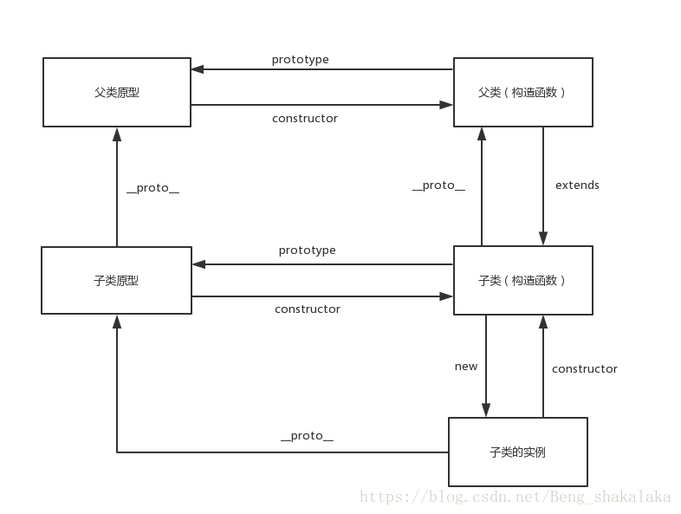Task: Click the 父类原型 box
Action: click(x=117, y=92)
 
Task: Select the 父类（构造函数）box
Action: click(x=523, y=92)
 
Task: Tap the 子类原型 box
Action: click(x=116, y=280)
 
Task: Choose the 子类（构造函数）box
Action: click(x=523, y=280)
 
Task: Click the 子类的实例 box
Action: click(x=517, y=452)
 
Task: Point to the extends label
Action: click(x=577, y=185)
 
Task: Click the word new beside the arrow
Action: click(x=466, y=366)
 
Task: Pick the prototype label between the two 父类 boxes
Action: click(x=300, y=60)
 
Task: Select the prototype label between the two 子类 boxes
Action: click(x=307, y=250)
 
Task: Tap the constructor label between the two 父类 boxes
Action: click(x=304, y=118)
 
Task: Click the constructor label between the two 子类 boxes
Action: click(x=307, y=309)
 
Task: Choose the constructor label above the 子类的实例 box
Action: click(x=585, y=368)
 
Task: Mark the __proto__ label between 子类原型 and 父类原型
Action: click(x=152, y=187)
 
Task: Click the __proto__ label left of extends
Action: click(x=438, y=185)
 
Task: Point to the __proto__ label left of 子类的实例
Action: click(x=307, y=436)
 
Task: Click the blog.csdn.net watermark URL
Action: click(x=515, y=497)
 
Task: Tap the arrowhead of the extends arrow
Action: click(x=543, y=238)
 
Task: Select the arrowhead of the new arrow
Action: click(x=486, y=410)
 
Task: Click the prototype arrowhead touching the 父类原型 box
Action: click(x=198, y=69)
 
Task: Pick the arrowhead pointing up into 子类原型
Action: click(x=117, y=322)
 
